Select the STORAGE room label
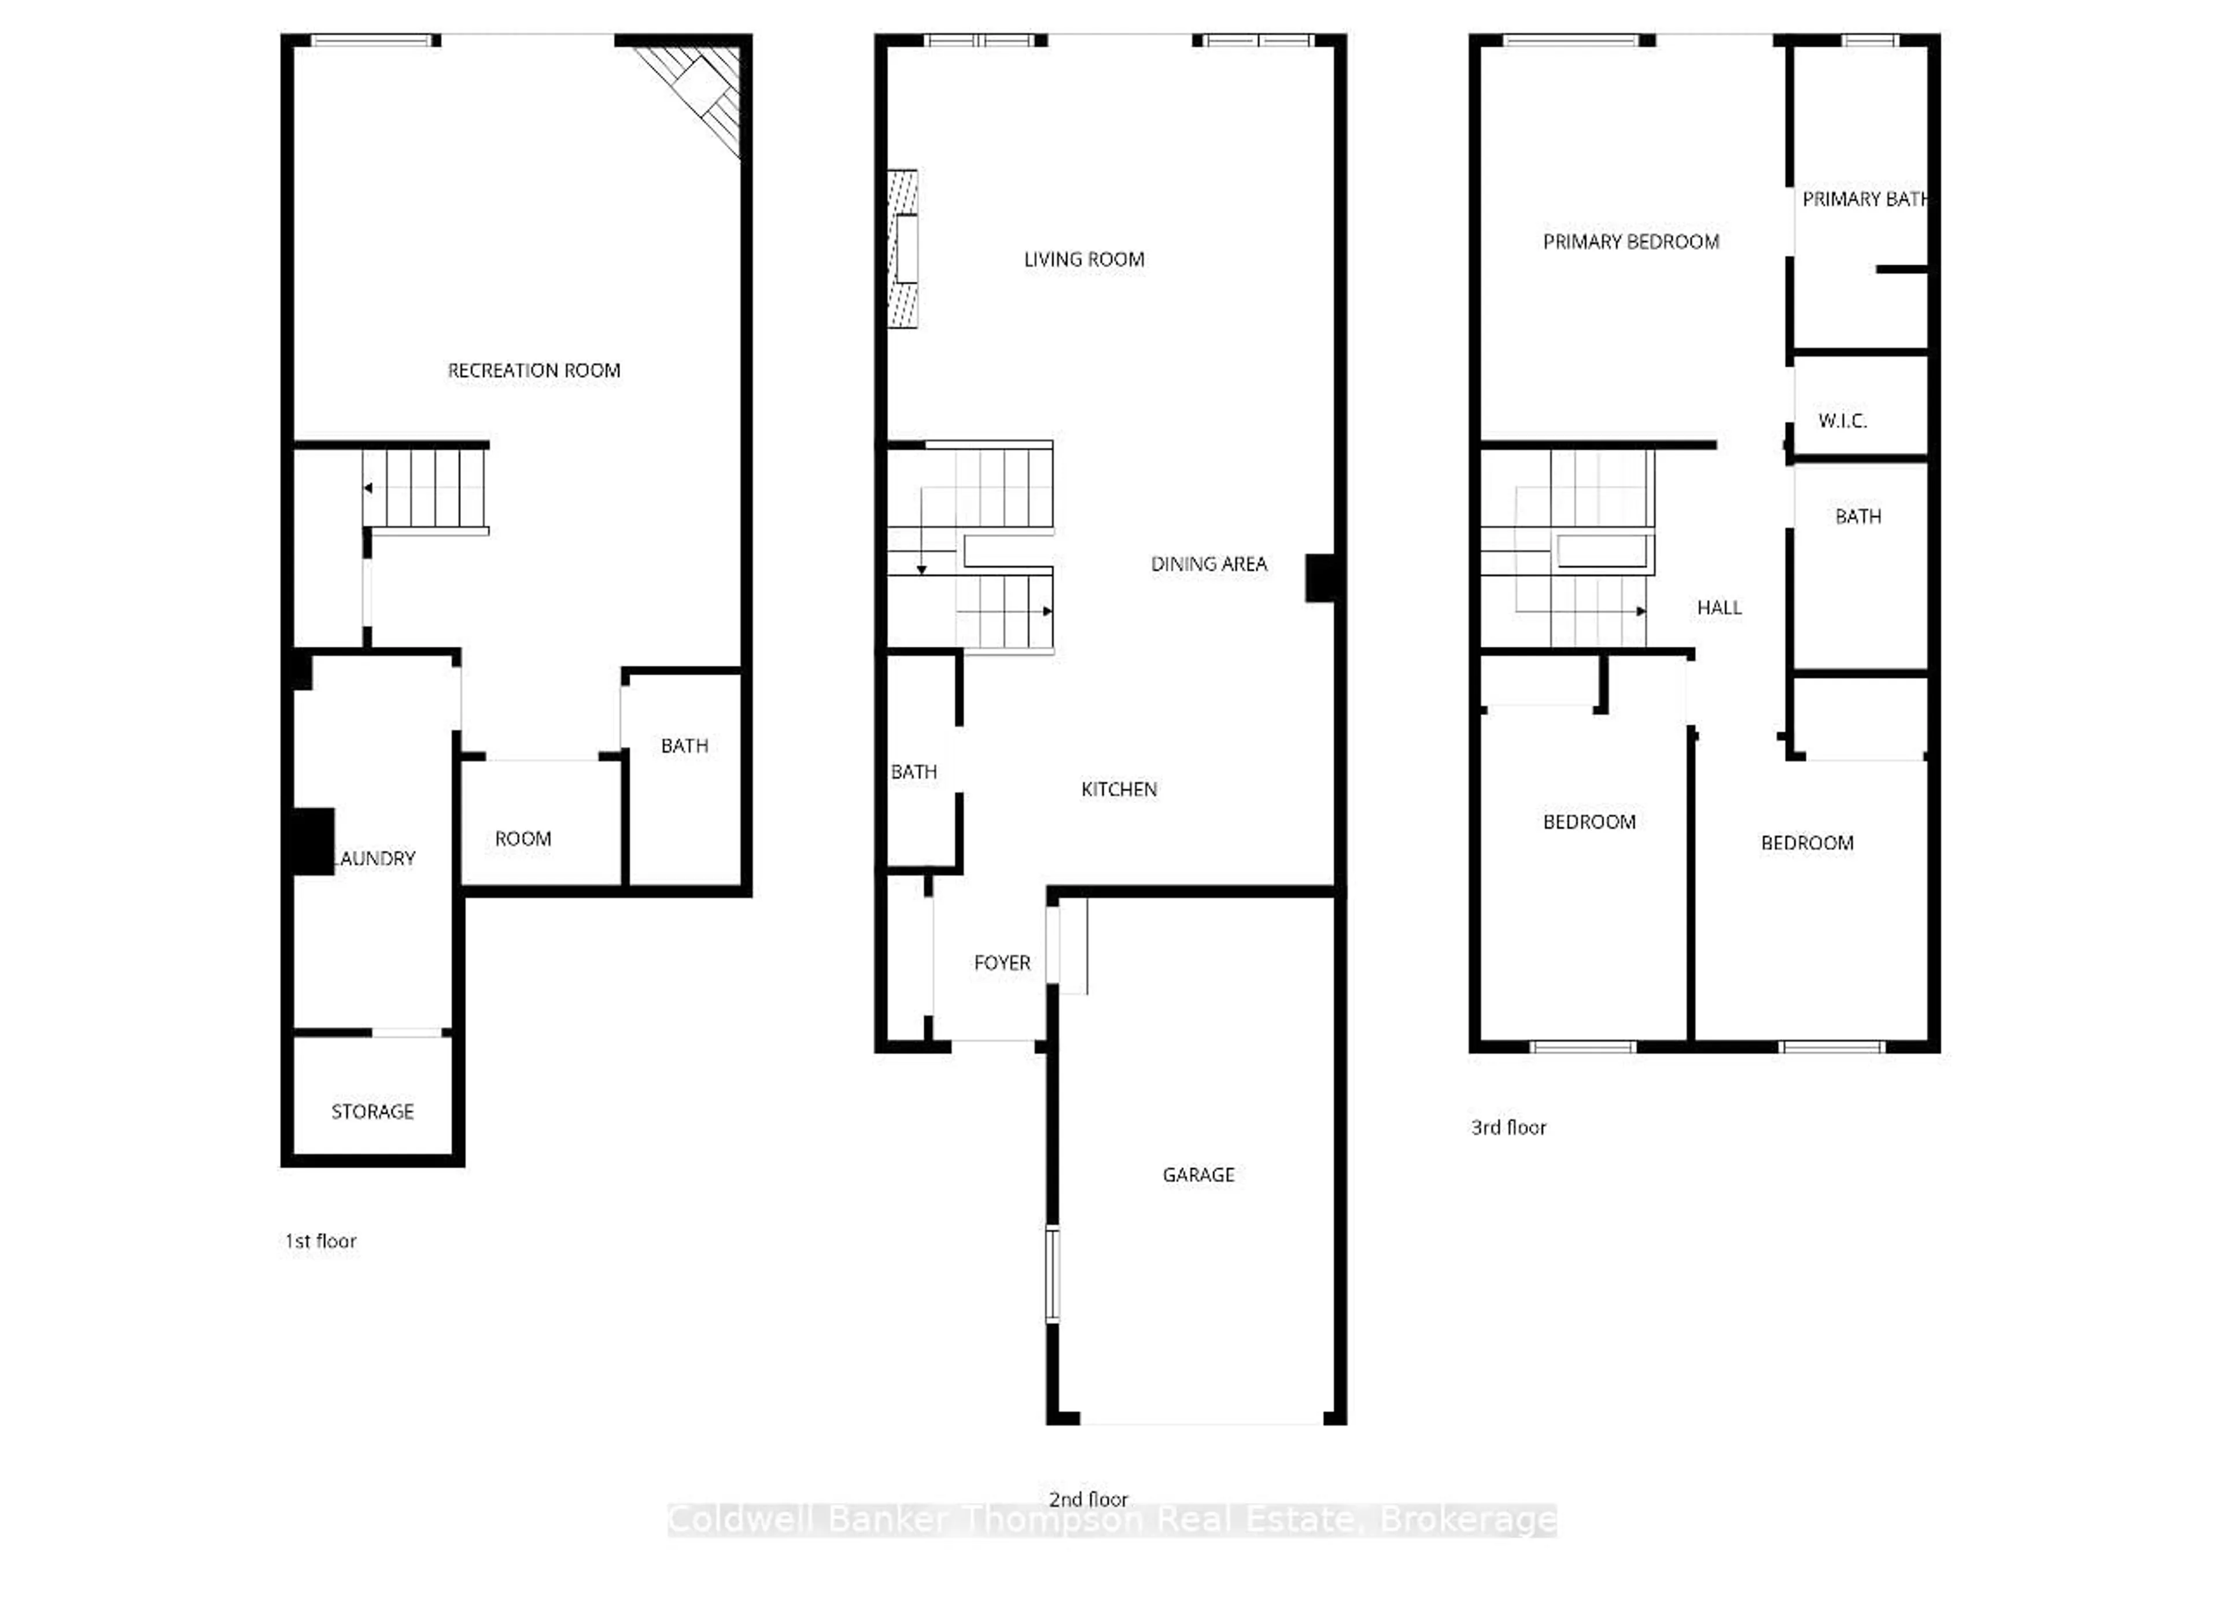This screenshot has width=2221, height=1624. click(x=372, y=1112)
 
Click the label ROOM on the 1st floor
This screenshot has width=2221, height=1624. click(x=522, y=839)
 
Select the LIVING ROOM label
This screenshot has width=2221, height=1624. click(x=1083, y=260)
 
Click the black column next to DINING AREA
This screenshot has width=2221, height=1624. click(x=1319, y=578)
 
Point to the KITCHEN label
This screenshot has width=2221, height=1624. click(x=1118, y=789)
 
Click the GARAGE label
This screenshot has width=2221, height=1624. click(x=1197, y=1175)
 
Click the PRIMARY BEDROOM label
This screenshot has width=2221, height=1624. click(x=1630, y=242)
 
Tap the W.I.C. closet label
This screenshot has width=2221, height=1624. click(x=1842, y=420)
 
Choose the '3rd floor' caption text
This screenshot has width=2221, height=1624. click(x=1507, y=1128)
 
